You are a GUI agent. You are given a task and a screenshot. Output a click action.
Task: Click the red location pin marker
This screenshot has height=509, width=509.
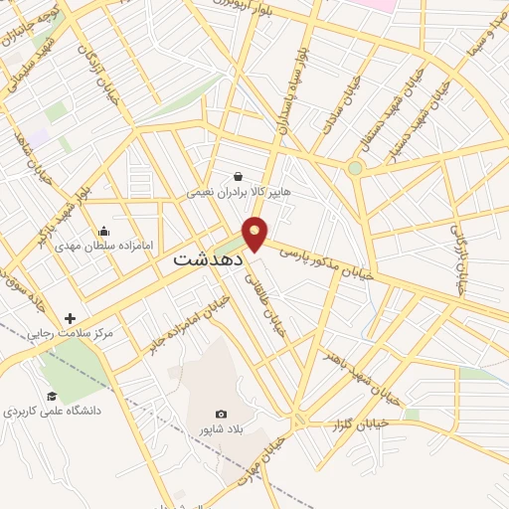click(255, 233)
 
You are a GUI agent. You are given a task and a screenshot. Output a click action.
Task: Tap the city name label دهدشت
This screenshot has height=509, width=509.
click(209, 258)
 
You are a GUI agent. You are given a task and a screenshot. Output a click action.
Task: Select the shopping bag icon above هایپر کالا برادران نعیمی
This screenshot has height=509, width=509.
click(238, 176)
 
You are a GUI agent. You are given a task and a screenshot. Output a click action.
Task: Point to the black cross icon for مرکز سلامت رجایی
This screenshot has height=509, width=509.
click(70, 318)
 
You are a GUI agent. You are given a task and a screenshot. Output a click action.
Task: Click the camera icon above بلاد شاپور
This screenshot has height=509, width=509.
click(221, 414)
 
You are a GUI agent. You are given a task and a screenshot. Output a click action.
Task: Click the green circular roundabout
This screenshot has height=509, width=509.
click(355, 168)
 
